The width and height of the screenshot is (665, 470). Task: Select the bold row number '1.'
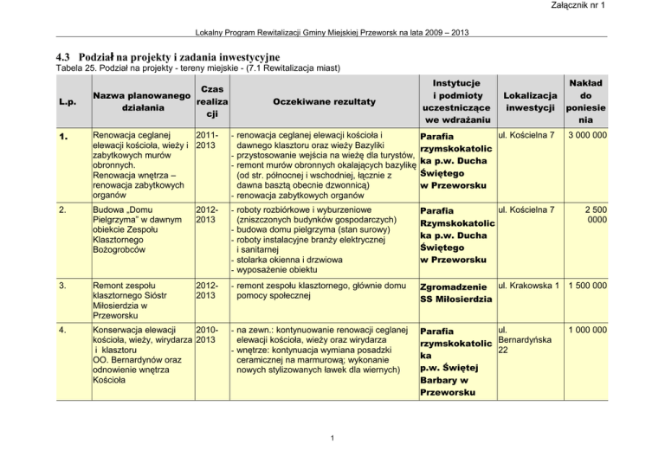click(55, 136)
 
